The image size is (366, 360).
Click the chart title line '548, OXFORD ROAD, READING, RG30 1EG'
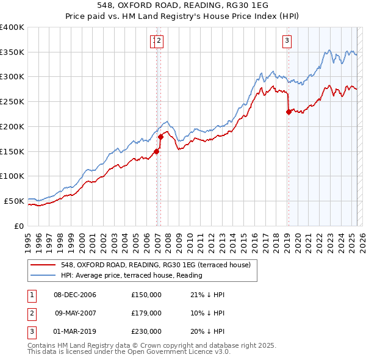pyautogui.click(x=182, y=5)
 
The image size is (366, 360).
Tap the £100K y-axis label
pyautogui.click(x=12, y=176)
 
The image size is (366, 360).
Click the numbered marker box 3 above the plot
pyautogui.click(x=286, y=41)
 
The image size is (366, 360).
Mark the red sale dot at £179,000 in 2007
pyautogui.click(x=161, y=137)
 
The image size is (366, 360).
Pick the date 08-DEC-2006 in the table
pyautogui.click(x=75, y=295)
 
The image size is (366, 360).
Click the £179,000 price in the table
pyautogui.click(x=146, y=313)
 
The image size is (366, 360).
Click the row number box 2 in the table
pyautogui.click(x=30, y=313)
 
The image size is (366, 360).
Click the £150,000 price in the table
pyautogui.click(x=146, y=295)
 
